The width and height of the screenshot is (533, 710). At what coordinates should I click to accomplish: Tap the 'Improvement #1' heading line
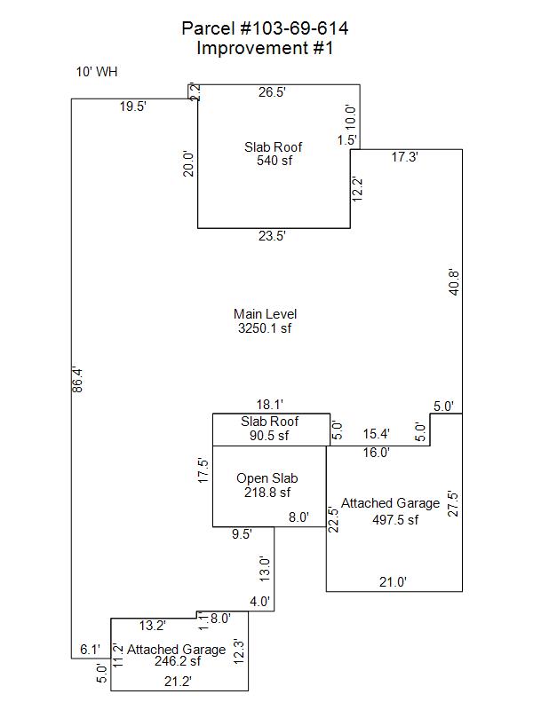coord(265,49)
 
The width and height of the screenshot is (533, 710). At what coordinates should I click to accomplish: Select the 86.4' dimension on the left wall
coord(77,381)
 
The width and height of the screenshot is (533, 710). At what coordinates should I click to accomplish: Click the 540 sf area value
coord(274,161)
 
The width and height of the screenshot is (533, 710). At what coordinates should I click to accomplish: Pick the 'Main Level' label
coord(265,314)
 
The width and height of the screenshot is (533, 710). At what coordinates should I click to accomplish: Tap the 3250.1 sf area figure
coord(265,328)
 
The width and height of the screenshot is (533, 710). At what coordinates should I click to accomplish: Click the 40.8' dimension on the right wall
coord(454,281)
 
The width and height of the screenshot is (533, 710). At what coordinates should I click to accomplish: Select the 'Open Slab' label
coord(266,479)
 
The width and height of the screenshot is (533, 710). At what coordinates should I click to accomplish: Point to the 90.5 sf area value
coord(270,436)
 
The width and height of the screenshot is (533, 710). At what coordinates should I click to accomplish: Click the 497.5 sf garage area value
coord(394,520)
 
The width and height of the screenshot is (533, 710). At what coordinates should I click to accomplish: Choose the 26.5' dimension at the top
coord(272,91)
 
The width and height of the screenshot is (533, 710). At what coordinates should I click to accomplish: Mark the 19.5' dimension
coord(133,106)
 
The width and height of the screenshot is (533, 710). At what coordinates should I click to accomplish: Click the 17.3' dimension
coord(405,157)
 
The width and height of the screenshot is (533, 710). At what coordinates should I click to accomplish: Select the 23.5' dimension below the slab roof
coord(272,236)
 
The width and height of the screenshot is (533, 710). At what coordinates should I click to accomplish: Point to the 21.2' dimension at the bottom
coord(179,681)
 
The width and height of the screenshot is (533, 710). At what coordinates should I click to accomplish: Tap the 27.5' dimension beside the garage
coord(454,504)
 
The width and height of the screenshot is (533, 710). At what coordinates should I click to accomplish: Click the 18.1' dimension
coord(271,405)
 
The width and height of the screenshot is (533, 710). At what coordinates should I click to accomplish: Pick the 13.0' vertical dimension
coord(264,568)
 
